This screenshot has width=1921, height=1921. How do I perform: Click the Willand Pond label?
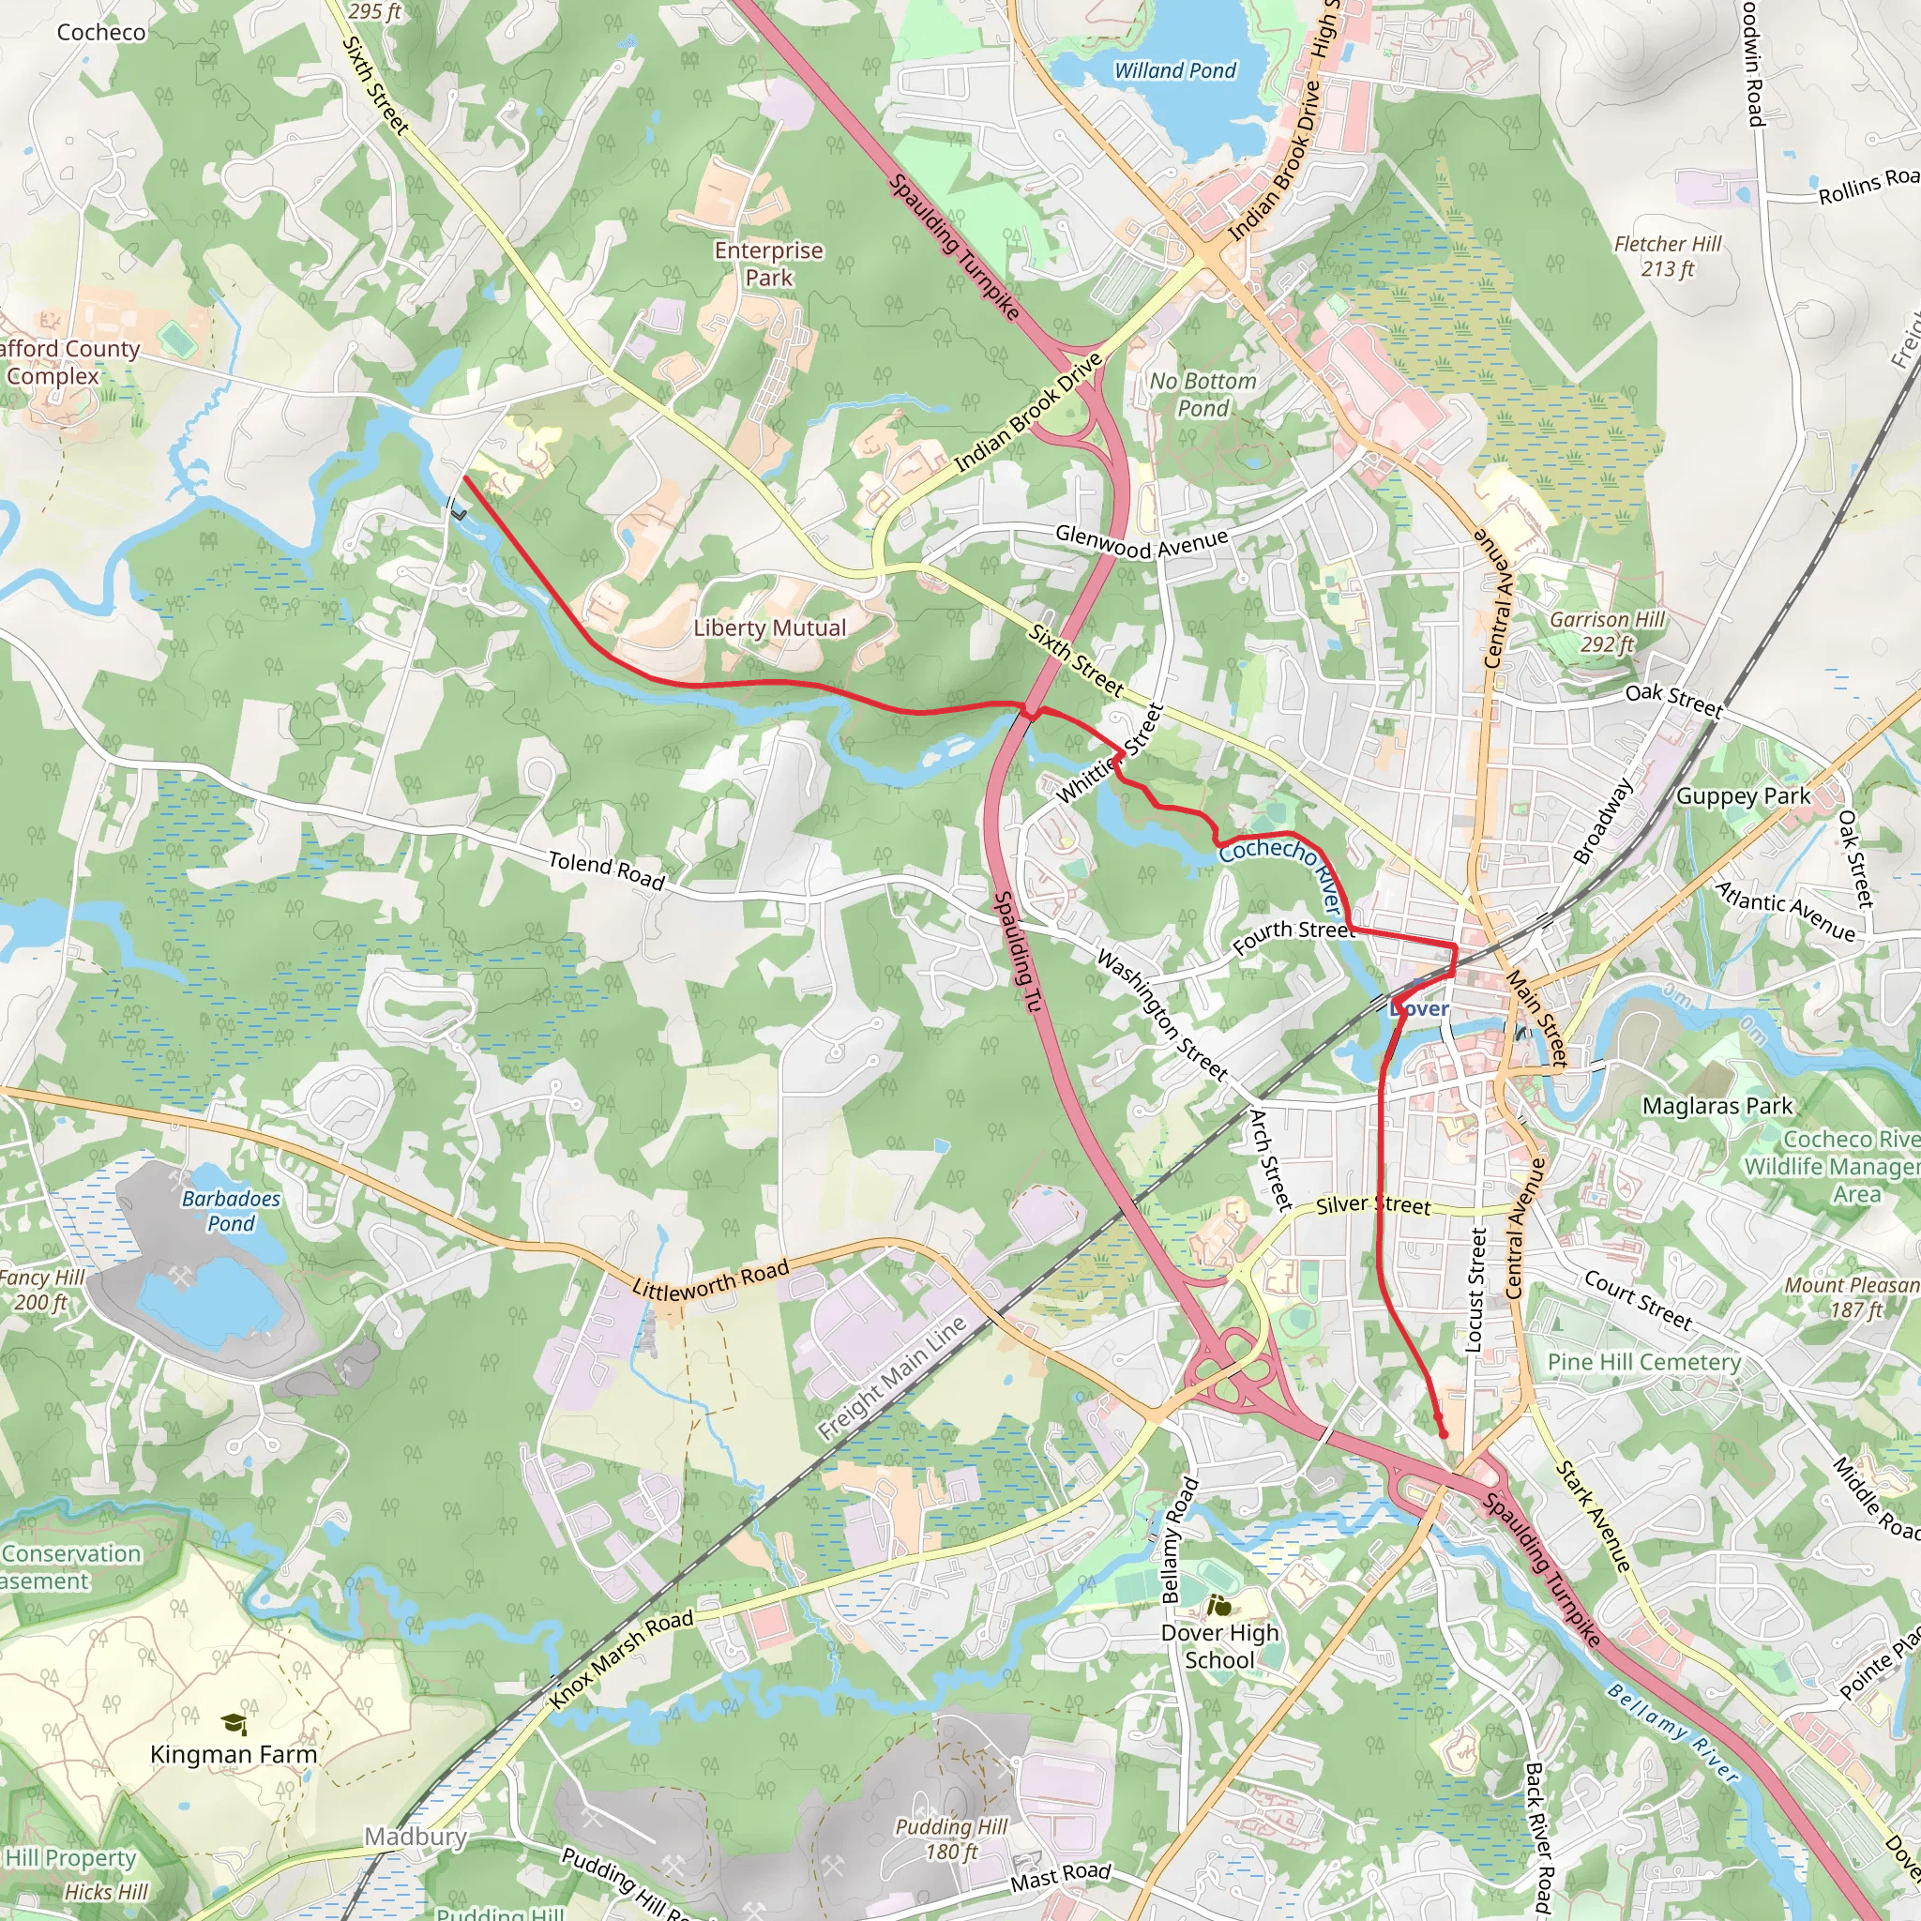coord(1174,70)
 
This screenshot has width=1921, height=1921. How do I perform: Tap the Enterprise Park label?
coord(768,265)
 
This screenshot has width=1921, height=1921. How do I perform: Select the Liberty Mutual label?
coord(769,628)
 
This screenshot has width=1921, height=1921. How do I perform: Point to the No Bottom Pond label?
coord(1203,395)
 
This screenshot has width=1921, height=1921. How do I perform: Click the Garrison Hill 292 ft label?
coord(1607,631)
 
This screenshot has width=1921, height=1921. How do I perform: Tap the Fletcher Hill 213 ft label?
coord(1668,256)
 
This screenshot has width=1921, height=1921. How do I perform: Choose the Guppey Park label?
coord(1743,796)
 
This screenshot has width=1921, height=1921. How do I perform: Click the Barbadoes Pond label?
coord(231,1211)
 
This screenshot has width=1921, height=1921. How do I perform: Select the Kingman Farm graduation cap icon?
coord(233,1723)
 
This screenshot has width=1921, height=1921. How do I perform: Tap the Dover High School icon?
coord(1218,1606)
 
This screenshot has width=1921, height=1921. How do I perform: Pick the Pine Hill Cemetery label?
coord(1644,1362)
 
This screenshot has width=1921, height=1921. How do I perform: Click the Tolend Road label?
coord(607,870)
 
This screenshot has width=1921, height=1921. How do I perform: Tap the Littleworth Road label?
coord(711,1279)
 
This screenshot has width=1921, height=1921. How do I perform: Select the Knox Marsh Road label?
coord(622,1659)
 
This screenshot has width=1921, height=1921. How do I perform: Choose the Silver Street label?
coord(1373,1206)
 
